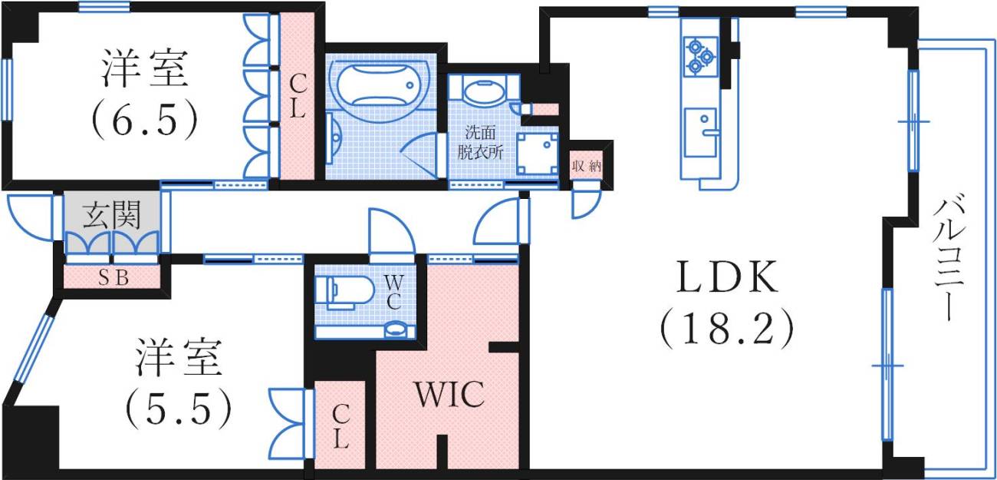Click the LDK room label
tap(727, 276)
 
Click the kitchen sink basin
tap(700, 132)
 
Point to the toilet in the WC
tap(345, 292)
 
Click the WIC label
tap(449, 395)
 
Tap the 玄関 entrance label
tap(112, 214)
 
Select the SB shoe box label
tap(114, 278)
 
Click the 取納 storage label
tap(587, 166)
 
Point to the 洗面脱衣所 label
tap(480, 143)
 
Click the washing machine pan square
tap(537, 154)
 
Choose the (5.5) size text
tap(179, 408)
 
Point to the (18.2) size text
tap(727, 330)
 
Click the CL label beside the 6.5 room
tap(298, 96)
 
